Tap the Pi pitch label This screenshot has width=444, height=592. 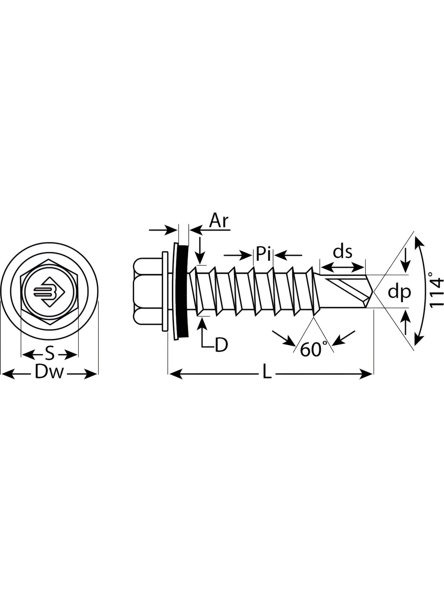263,254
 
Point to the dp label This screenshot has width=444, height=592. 399,292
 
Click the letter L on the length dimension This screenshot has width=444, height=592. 267,374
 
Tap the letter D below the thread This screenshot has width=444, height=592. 221,345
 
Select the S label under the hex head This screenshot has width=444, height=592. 50,353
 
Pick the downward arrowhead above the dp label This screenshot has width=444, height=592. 406,266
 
